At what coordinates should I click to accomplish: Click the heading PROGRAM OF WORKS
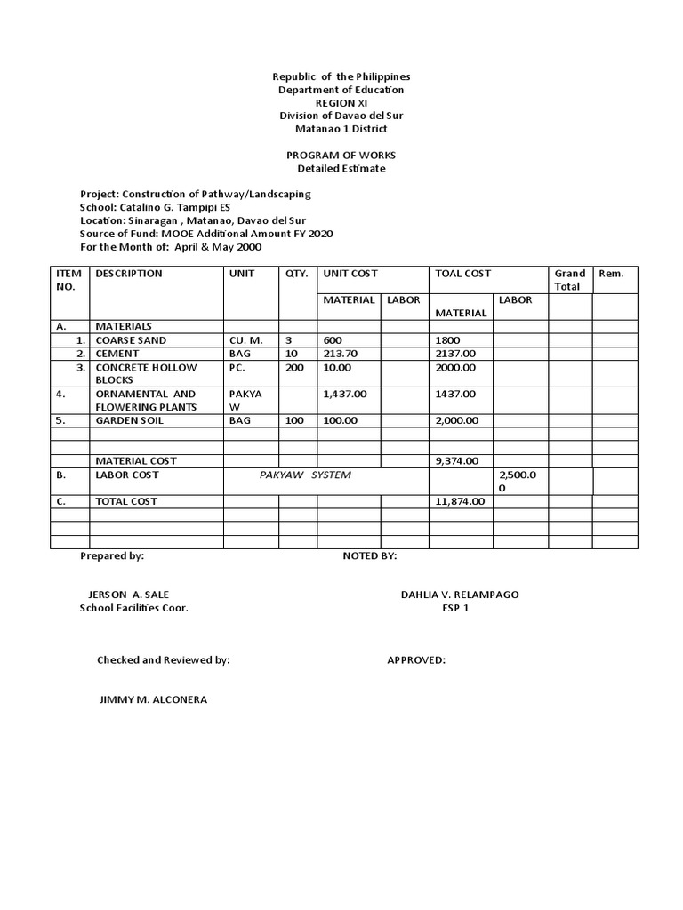[341, 155]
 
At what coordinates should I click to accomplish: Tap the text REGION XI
[341, 103]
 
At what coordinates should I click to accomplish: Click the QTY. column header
[296, 274]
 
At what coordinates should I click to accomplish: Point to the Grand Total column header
[569, 280]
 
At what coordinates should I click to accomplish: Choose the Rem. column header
[611, 274]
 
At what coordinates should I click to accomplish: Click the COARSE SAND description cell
[131, 340]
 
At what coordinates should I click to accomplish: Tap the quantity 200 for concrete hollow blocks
[294, 367]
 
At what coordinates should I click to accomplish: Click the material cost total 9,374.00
[457, 461]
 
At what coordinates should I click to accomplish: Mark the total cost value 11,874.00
[460, 501]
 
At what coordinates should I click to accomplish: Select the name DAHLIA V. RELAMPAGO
[460, 595]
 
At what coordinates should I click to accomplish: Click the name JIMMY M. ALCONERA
[153, 699]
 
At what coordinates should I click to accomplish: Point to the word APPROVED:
[416, 660]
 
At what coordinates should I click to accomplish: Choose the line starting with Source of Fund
[206, 233]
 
